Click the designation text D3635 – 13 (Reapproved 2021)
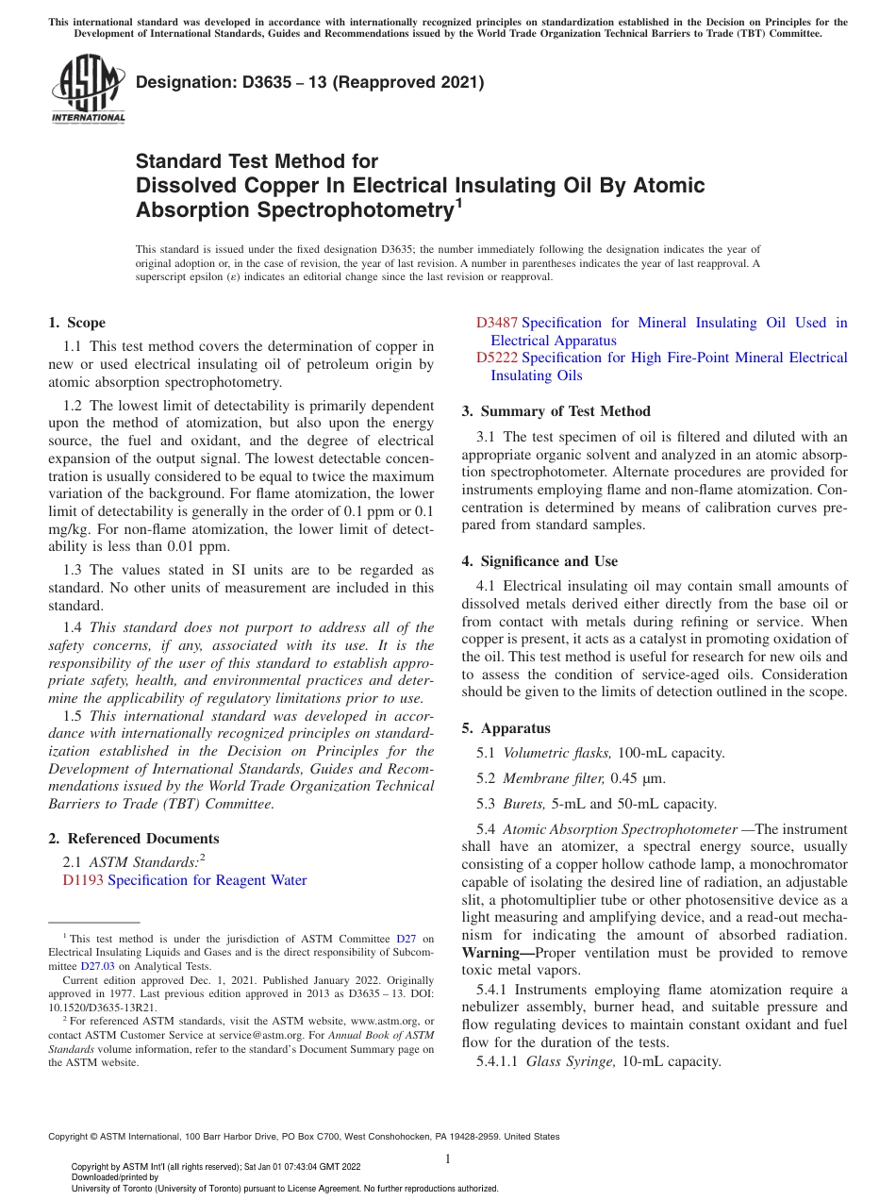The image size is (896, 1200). [309, 82]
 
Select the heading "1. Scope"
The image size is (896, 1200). [76, 323]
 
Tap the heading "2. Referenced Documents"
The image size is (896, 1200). [133, 839]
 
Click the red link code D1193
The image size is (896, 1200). [83, 880]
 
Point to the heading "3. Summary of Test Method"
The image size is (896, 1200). [556, 411]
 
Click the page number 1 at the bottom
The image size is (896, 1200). [448, 1158]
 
